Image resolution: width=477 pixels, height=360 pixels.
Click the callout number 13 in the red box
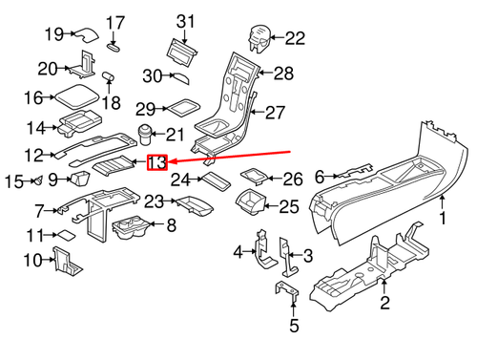156,162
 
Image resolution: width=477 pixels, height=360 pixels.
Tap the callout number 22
295,38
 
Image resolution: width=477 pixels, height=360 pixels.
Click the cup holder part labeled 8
131,227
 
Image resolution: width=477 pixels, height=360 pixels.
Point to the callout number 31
185,22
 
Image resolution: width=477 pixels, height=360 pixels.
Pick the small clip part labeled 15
39,180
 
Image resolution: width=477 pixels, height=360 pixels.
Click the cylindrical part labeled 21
145,135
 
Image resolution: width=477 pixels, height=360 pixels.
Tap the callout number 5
294,326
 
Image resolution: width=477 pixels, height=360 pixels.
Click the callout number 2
384,303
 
